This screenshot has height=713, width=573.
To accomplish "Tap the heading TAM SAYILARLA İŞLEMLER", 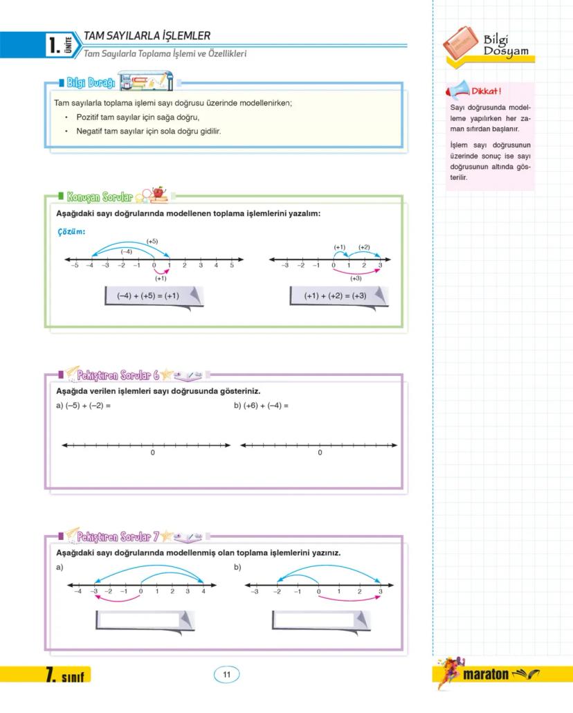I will [x=147, y=35].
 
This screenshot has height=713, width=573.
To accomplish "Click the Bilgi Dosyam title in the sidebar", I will [x=506, y=46].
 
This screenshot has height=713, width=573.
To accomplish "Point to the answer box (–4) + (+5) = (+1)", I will [x=148, y=296].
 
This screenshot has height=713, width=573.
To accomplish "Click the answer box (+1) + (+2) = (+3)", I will [x=336, y=296].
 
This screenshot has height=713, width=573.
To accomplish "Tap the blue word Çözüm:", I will [x=71, y=232].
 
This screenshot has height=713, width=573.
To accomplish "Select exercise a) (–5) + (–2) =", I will [x=83, y=406].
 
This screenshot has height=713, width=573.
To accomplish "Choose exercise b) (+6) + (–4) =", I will [x=261, y=406].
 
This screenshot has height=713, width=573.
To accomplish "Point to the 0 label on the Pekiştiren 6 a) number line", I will [x=152, y=453].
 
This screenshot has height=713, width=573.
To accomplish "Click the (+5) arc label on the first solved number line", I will [x=152, y=241].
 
